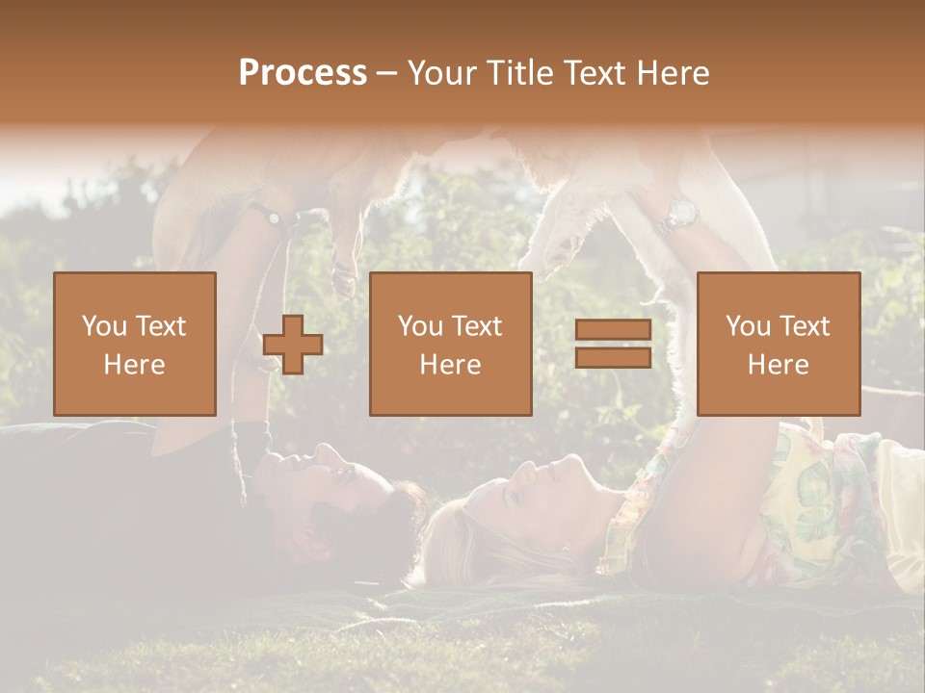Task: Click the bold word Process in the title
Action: click(303, 73)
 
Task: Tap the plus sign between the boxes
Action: click(293, 345)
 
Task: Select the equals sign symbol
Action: click(613, 344)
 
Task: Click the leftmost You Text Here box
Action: click(134, 344)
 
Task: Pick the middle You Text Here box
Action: click(450, 344)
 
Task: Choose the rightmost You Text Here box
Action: click(778, 344)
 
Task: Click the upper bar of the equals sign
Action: click(613, 330)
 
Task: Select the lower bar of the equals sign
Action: click(613, 357)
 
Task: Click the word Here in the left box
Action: click(134, 364)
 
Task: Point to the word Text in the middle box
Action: click(477, 326)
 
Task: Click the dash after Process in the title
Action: click(386, 73)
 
